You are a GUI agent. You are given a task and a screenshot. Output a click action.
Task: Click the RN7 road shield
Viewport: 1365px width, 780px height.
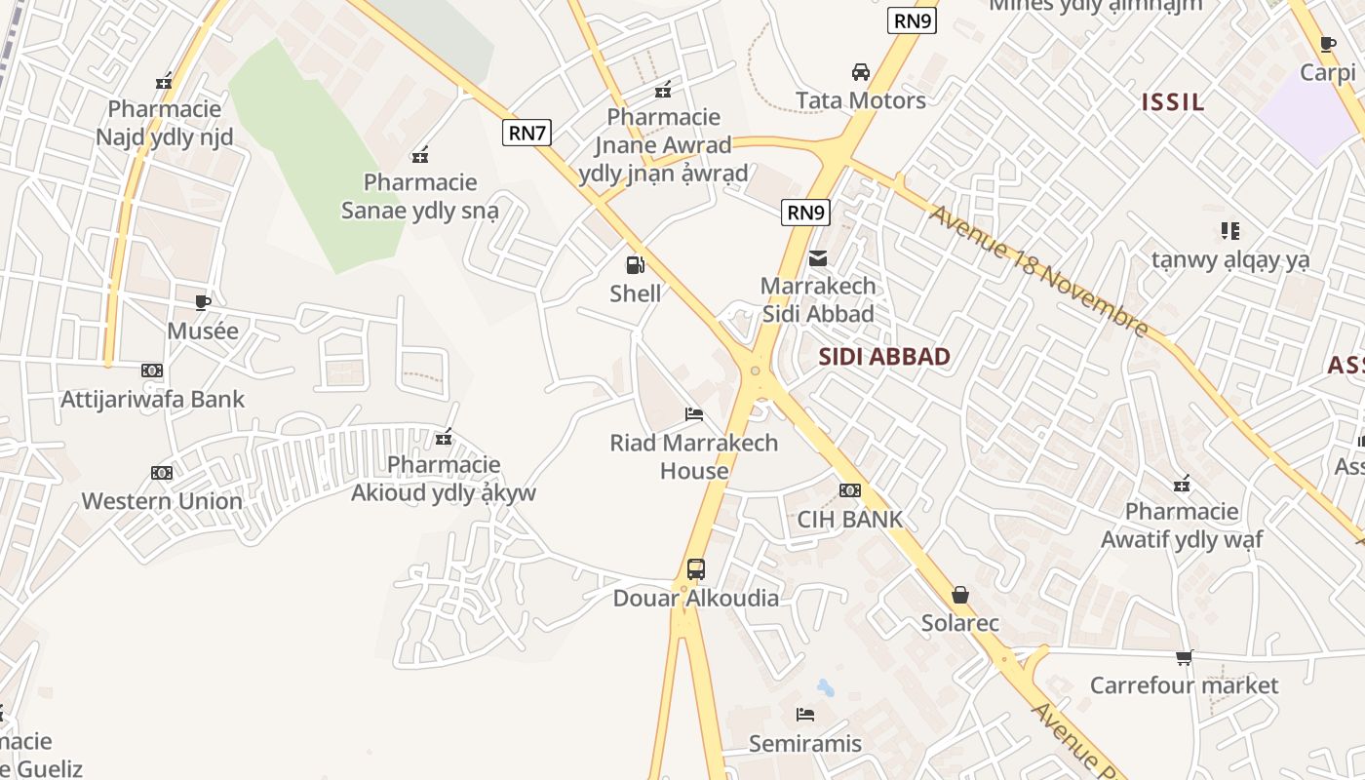point(526,133)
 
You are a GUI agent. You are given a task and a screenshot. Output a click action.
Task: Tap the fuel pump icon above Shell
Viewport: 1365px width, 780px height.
point(635,265)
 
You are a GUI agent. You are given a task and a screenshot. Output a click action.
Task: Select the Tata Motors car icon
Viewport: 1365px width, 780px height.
point(861,72)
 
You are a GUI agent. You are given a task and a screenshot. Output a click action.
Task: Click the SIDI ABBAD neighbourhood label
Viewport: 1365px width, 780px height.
point(884,356)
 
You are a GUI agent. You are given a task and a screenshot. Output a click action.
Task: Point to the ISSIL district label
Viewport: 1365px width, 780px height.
point(1173,101)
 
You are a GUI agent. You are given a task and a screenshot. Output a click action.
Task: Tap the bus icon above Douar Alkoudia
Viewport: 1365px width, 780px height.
point(696,568)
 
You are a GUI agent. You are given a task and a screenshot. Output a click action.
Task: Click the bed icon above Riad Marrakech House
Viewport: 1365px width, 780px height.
point(694,414)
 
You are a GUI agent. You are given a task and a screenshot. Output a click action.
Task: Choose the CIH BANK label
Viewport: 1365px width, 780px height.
point(850,519)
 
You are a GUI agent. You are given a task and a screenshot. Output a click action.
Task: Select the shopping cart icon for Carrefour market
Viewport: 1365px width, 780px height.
point(1184,657)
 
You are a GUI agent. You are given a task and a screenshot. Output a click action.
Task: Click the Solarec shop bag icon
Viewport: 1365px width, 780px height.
point(960,595)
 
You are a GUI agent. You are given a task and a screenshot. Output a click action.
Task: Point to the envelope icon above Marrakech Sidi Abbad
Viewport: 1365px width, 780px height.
point(818,258)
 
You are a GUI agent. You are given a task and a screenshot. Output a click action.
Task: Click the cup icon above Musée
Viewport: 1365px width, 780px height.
point(203,302)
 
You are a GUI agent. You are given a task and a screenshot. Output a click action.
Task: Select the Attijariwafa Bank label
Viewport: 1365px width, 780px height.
point(153,399)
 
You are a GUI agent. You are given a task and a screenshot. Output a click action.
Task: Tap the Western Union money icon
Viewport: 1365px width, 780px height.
point(162,473)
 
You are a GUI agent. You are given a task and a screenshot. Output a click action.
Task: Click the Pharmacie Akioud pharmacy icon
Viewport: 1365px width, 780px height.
point(444,437)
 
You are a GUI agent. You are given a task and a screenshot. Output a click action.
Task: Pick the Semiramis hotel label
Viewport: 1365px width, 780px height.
point(805,743)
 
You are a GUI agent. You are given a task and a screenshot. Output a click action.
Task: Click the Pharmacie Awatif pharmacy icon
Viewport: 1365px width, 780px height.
point(1182,483)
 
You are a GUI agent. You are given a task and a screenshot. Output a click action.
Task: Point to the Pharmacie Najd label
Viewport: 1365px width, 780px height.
point(165,123)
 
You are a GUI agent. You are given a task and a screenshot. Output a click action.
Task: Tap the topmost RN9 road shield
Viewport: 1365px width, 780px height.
point(912,21)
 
